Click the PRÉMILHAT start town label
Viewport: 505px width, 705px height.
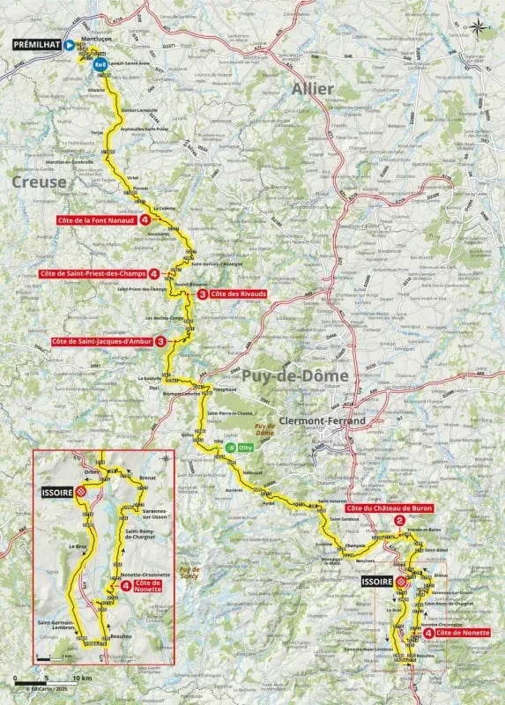35,42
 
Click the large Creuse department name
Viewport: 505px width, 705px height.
39,181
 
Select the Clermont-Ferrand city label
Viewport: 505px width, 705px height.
313,421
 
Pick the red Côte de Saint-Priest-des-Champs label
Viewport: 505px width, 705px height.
92,274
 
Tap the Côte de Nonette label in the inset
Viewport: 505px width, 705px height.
146,583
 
